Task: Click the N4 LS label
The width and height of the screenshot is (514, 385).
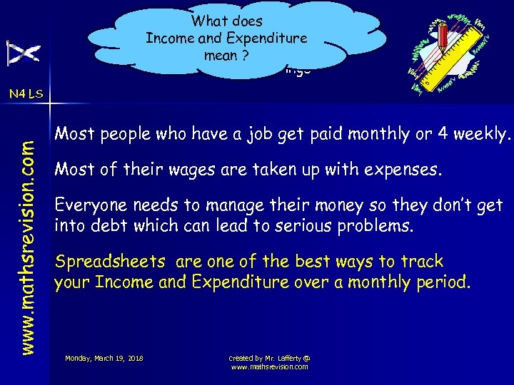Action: click(26, 93)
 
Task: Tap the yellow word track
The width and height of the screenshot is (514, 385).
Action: click(423, 262)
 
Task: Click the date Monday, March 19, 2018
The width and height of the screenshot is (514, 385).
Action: click(104, 357)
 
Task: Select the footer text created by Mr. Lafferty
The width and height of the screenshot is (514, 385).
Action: click(269, 357)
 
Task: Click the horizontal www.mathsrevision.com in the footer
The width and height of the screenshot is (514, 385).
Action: click(269, 366)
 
